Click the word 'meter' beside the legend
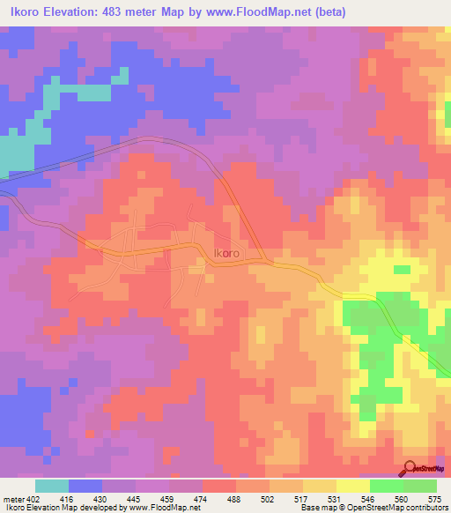[15, 498]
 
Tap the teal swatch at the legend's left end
[51, 486]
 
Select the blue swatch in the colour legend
[85, 486]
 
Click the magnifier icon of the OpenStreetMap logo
[410, 467]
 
